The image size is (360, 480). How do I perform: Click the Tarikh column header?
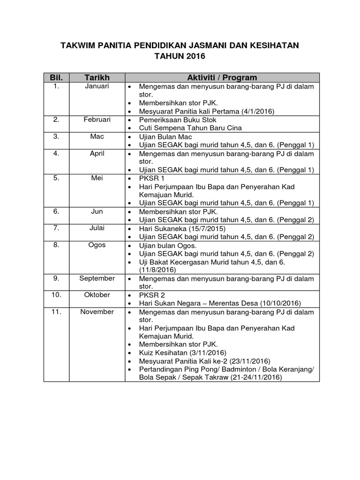[97, 77]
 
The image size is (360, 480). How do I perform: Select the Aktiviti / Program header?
[222, 77]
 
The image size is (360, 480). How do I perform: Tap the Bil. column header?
[56, 77]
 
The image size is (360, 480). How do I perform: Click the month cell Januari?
[97, 86]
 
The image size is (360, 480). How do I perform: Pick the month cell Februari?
[97, 120]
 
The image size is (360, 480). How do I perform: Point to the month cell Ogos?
[97, 245]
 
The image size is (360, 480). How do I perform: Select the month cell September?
[97, 278]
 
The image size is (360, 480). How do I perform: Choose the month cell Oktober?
[97, 295]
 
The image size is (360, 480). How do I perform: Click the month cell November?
[97, 312]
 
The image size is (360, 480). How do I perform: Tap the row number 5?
[56, 178]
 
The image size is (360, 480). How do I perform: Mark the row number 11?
[56, 312]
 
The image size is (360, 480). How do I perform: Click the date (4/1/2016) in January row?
[258, 112]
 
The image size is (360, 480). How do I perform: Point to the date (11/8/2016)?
[157, 270]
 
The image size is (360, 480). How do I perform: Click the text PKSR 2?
[152, 295]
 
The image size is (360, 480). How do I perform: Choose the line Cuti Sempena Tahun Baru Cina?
[190, 128]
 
